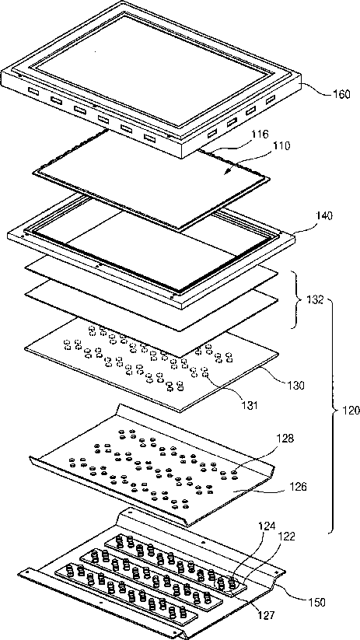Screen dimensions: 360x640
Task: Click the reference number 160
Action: coord(341,95)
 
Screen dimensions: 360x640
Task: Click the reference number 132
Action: coord(315,301)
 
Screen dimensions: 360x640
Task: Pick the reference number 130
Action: coord(295,385)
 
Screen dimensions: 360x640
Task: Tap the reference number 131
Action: coord(249,405)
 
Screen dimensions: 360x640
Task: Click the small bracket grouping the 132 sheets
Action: coord(298,301)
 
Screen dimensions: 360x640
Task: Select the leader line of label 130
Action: coord(271,375)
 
